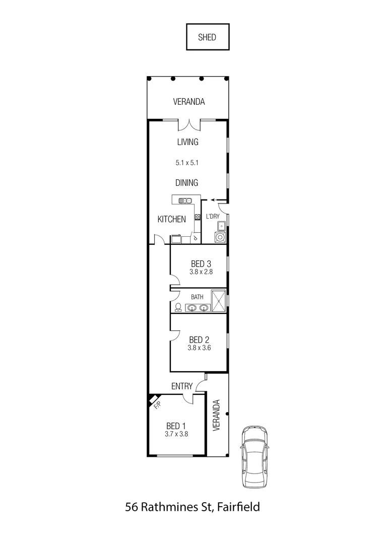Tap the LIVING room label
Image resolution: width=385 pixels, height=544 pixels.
pos(187,142)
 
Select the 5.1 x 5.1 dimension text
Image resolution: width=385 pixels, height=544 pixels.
pos(187,163)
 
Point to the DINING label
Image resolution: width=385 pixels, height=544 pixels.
pos(187,183)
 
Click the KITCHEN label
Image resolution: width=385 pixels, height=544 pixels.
pos(172,219)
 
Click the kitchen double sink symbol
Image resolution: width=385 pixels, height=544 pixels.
pos(185,201)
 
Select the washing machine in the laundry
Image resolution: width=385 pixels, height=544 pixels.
pos(220,237)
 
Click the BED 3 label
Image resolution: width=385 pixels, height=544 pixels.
pos(198,263)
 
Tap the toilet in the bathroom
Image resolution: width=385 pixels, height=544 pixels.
pos(178,307)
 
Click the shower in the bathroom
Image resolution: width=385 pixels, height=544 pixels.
pos(218,301)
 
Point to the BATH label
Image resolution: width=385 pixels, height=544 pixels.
pos(197,297)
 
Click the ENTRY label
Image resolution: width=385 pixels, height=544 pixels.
pos(182,386)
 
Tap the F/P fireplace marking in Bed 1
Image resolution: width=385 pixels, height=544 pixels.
pos(157,403)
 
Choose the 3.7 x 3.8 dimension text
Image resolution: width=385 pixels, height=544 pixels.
pos(176,433)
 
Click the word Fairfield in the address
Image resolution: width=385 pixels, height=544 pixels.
pos(239,507)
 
